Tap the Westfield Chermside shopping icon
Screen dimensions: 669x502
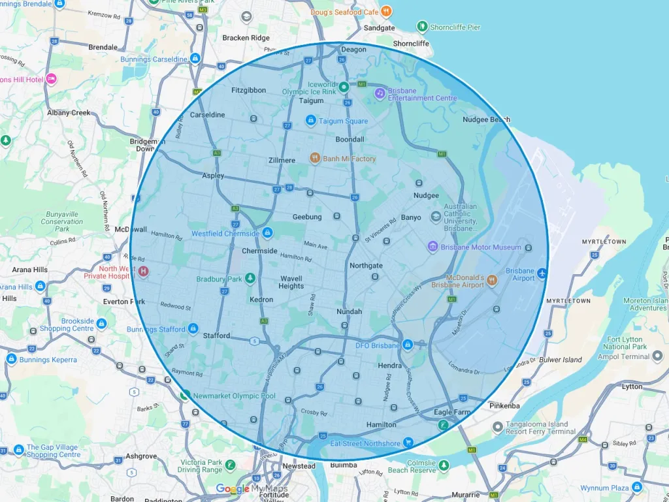267,232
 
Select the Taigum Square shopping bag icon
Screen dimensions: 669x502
311,120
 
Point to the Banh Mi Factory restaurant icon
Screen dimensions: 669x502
315,158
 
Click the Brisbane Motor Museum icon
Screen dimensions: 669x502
432,247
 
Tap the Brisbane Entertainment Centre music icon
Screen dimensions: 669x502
380,93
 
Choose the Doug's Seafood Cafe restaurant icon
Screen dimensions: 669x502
387,11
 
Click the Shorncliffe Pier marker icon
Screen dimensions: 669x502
422,27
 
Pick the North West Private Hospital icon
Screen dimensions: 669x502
143,272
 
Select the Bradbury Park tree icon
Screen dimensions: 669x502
250,279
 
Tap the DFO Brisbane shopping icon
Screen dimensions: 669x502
407,344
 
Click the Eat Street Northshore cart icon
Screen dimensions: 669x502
408,443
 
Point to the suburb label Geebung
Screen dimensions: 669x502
307,217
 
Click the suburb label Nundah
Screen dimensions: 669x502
349,311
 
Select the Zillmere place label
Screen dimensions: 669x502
282,160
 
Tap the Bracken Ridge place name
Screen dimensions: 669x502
245,38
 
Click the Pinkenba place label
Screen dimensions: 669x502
504,405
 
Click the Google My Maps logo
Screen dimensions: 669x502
252,489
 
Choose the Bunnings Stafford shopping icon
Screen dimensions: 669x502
193,328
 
